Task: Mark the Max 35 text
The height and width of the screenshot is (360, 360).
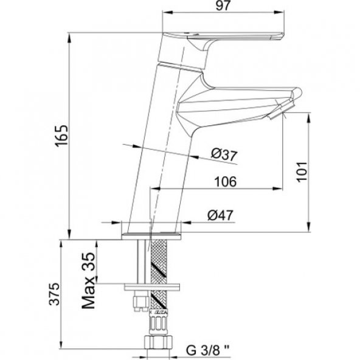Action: tap(89, 280)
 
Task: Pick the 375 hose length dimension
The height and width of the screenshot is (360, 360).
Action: tap(54, 296)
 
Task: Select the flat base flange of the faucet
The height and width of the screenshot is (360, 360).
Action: tap(152, 233)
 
